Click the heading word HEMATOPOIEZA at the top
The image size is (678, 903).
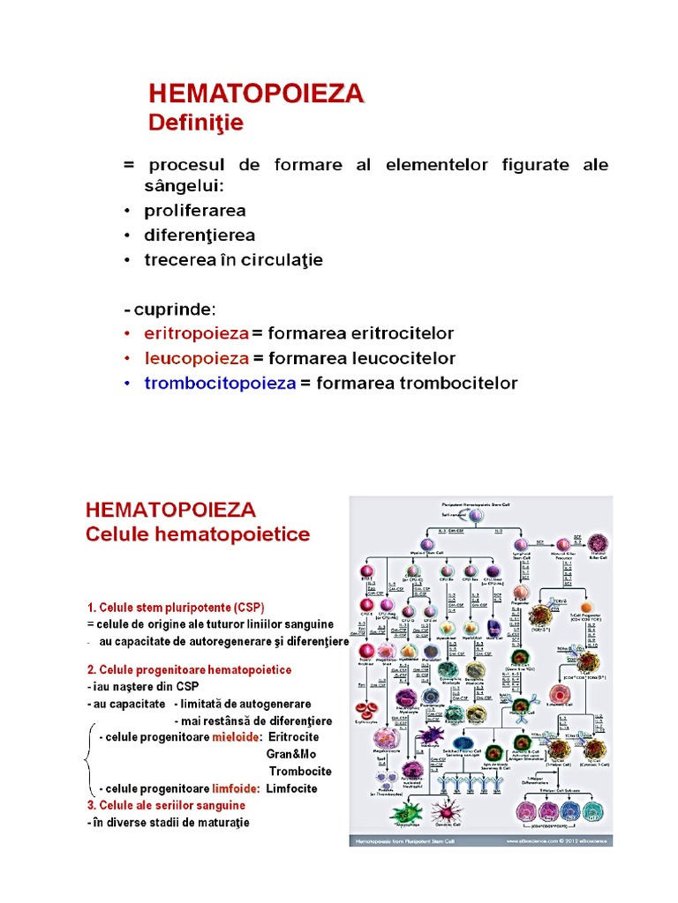click(x=255, y=93)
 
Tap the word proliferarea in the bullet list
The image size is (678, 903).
click(x=195, y=212)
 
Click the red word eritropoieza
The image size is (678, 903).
click(x=196, y=334)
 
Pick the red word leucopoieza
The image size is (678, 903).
click(x=196, y=359)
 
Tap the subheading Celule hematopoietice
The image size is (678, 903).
click(x=197, y=534)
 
